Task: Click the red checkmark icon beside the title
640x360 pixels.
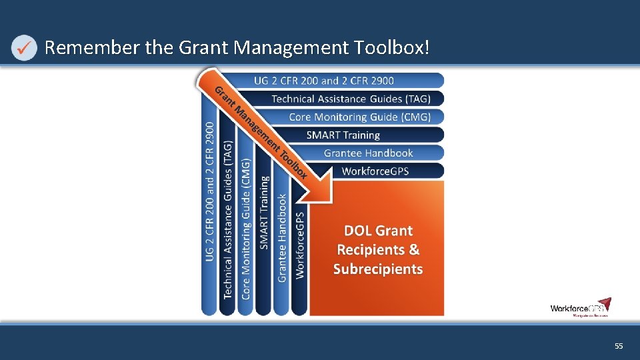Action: click(24, 48)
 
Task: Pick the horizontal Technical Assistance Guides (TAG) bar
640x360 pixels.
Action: click(350, 99)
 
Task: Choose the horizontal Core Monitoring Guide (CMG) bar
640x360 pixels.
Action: click(359, 117)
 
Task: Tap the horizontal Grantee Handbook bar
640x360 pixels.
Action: click(368, 153)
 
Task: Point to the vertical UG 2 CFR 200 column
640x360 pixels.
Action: click(210, 193)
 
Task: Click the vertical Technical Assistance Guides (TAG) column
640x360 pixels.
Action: click(228, 220)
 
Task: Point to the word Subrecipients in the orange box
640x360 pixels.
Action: click(378, 269)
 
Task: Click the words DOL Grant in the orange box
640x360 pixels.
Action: click(378, 231)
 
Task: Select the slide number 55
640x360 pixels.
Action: click(618, 346)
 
